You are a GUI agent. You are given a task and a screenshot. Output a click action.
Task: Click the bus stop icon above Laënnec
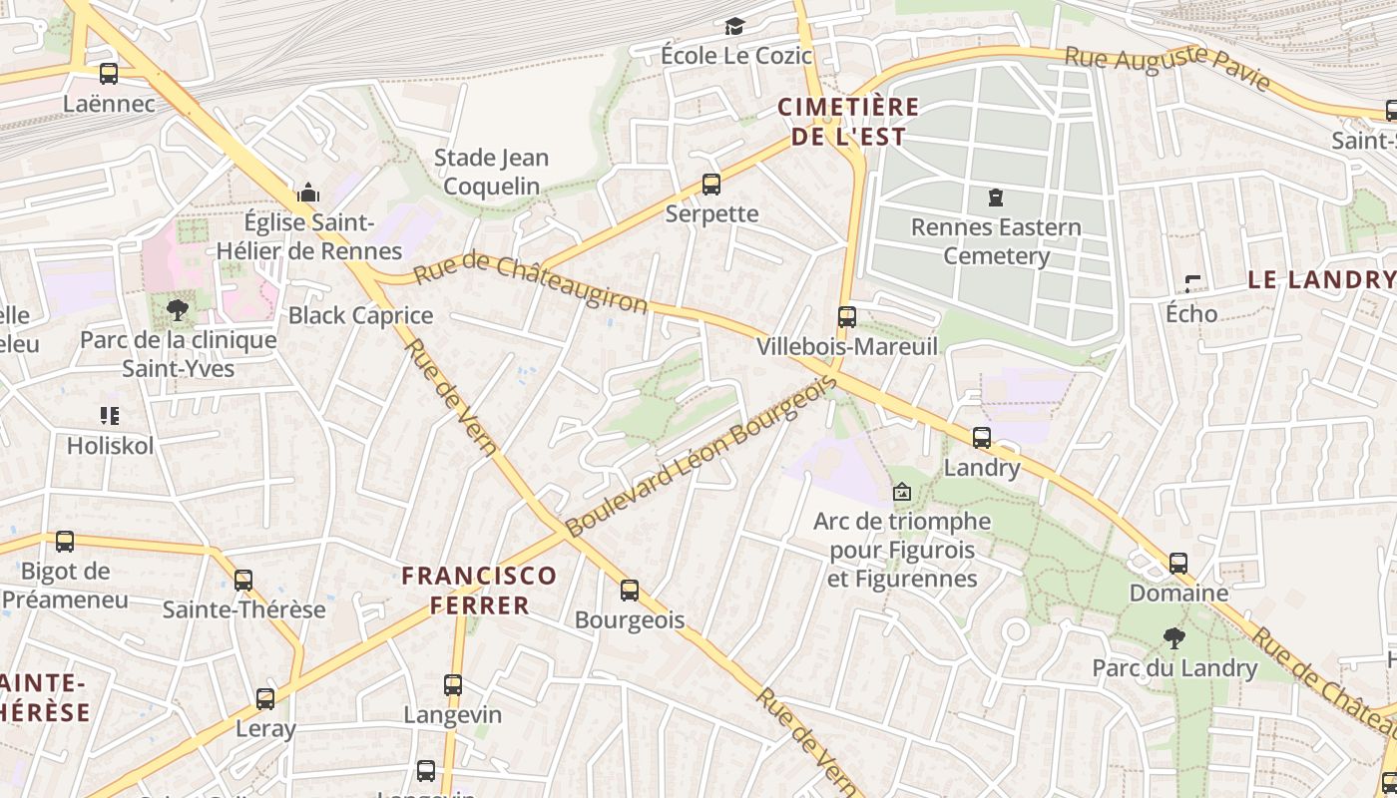pos(109,73)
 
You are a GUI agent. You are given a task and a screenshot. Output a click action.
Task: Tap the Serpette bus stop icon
pos(711,184)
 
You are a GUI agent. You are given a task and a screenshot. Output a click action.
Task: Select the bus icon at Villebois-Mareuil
pos(847,317)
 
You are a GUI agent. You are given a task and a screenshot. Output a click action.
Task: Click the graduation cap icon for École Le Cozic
pos(735,26)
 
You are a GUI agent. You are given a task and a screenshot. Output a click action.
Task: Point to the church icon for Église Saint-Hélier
pos(309,192)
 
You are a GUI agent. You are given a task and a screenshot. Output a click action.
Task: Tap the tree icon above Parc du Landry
pos(1174,637)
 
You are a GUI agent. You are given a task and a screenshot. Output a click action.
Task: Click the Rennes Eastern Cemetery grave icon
pos(995,198)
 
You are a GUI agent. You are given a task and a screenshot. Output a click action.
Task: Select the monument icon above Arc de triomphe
pos(902,492)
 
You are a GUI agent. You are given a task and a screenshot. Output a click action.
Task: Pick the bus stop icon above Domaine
pos(1178,563)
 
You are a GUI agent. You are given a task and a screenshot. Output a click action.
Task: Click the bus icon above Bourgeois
pos(630,590)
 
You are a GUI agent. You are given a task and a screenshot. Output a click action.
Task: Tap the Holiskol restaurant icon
pos(110,416)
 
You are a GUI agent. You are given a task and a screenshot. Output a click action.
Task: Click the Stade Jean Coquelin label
pos(491,172)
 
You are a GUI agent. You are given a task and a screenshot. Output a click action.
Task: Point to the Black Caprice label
pos(360,316)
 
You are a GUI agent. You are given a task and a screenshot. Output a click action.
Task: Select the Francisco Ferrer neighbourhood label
pos(479,590)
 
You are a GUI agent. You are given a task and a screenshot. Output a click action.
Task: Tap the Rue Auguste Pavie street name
pos(1167,68)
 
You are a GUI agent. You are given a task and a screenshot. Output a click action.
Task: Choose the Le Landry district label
pos(1320,279)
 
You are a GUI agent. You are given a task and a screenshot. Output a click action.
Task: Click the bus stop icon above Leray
pos(265,698)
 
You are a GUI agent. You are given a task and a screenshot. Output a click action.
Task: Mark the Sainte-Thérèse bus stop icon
pos(243,580)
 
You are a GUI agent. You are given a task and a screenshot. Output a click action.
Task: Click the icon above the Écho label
pos(1191,284)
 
